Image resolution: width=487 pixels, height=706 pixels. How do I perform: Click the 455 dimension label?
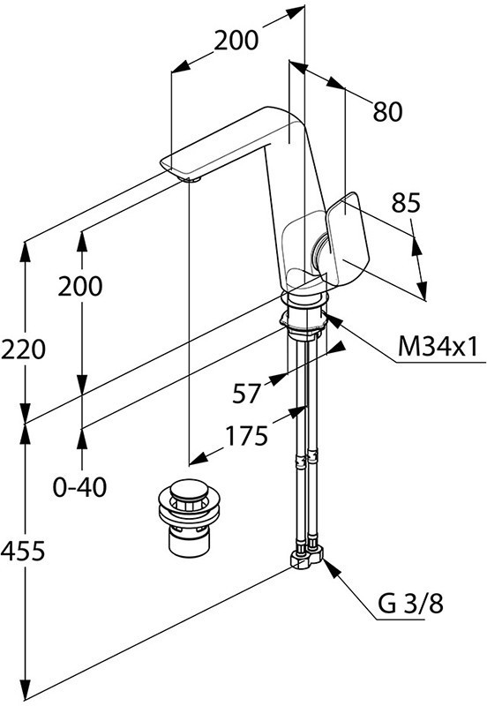(x=24, y=551)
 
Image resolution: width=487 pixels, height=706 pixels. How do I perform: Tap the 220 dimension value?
(x=24, y=349)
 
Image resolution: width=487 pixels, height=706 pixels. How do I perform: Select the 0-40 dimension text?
(x=80, y=487)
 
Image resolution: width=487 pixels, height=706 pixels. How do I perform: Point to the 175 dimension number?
(x=246, y=436)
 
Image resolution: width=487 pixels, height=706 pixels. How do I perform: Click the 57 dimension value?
(x=247, y=394)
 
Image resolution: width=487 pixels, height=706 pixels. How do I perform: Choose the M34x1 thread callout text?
(x=438, y=347)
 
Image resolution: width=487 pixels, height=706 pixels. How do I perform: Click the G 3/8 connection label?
(x=410, y=604)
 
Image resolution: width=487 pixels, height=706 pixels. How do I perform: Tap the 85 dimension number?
(x=406, y=203)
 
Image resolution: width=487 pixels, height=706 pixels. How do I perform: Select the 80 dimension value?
(x=387, y=112)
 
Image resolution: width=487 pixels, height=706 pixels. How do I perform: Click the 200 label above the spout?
(x=236, y=41)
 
